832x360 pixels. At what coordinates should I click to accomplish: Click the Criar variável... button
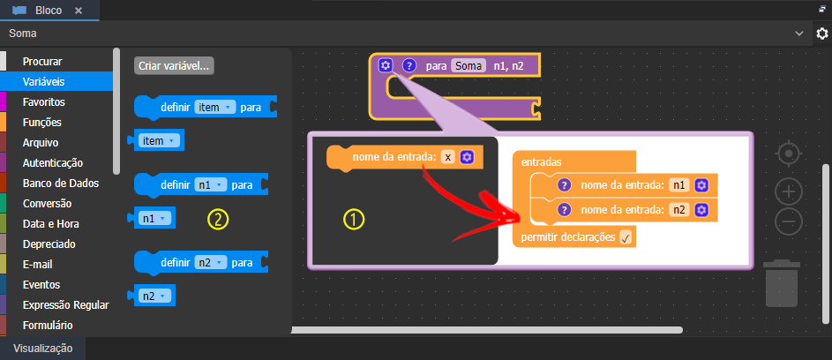tap(174, 66)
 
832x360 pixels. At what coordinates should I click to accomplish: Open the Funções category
tap(42, 122)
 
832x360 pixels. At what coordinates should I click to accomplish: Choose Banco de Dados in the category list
tap(61, 184)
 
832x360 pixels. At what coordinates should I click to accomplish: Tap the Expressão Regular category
tap(66, 304)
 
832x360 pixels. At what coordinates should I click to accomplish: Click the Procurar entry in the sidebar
tap(42, 62)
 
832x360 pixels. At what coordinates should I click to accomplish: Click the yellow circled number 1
tap(354, 220)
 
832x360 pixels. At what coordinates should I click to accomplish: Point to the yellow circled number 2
tap(218, 219)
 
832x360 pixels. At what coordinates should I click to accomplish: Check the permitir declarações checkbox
tap(626, 238)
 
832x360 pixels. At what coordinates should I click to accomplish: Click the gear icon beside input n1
tap(701, 185)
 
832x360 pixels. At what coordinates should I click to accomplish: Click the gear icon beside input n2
tap(701, 210)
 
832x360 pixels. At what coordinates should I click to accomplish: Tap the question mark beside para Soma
tap(409, 66)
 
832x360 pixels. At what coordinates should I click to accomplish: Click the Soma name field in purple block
tap(468, 66)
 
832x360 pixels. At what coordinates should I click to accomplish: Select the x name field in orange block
tap(448, 157)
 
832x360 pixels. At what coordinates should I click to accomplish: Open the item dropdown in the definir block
tap(214, 108)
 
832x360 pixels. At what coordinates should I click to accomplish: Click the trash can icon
tap(782, 283)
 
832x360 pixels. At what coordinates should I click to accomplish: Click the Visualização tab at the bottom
tap(42, 349)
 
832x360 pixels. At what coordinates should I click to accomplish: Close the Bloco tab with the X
tap(79, 11)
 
